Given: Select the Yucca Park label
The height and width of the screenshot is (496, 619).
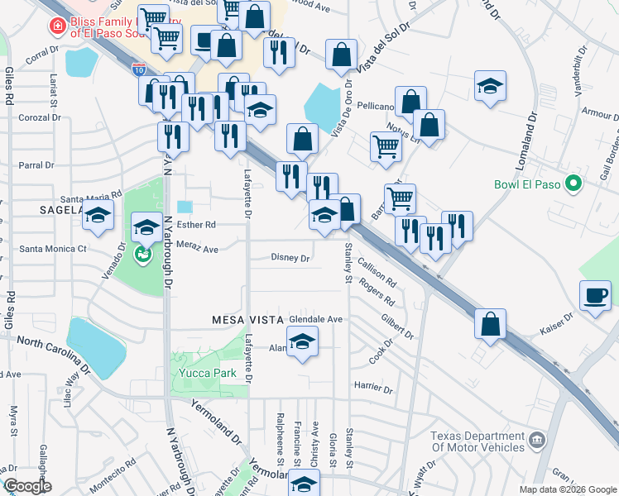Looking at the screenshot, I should (203, 373).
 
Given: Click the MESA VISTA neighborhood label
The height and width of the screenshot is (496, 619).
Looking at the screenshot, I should (247, 319).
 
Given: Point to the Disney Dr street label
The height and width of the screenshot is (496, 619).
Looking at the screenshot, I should (290, 258).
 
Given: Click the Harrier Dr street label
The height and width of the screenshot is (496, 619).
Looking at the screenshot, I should (372, 387).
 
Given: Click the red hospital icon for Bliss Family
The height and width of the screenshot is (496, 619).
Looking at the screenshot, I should (57, 26).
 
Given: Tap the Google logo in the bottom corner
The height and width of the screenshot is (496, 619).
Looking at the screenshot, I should (26, 486).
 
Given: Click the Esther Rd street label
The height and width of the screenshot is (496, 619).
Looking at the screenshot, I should (196, 224).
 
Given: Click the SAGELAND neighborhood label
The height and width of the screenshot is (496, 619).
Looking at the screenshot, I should (60, 211).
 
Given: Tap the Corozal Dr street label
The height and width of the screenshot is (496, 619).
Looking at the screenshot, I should (40, 118).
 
